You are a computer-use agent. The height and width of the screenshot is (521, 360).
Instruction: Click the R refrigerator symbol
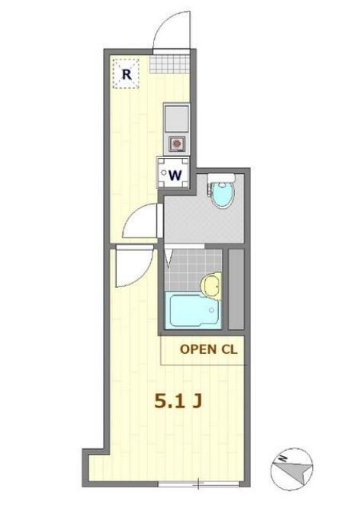pos(127,75)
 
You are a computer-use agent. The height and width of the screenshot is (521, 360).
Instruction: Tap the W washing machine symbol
pos(174,173)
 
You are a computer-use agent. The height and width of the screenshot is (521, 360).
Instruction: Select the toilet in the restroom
pos(222,195)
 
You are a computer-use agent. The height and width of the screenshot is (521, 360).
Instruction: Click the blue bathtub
pos(193,311)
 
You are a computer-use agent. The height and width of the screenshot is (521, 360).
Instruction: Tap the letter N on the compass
pos(281,459)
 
